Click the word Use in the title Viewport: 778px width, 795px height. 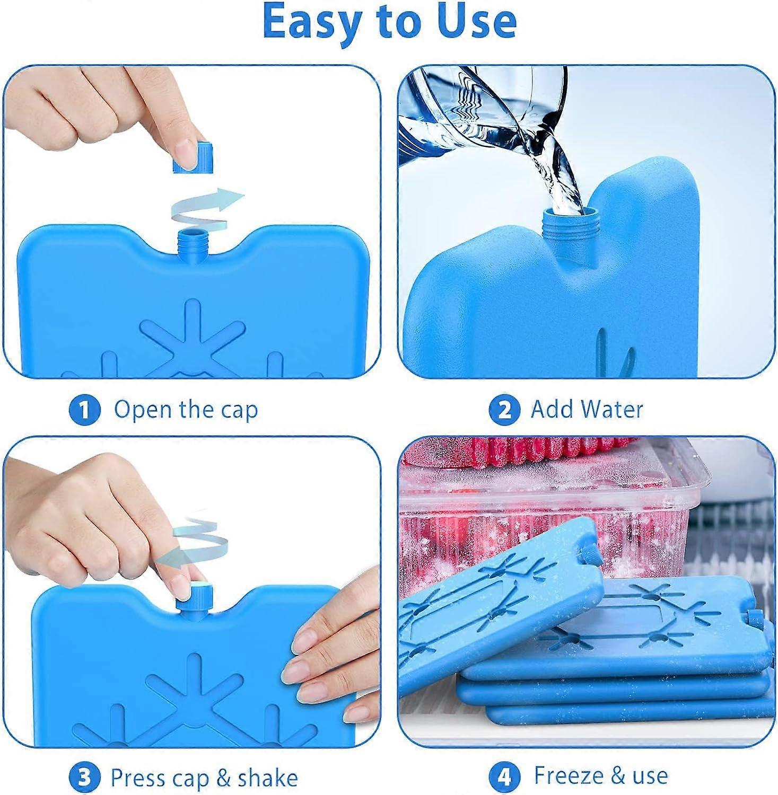pyautogui.click(x=475, y=21)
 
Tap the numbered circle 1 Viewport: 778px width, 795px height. pyautogui.click(x=84, y=410)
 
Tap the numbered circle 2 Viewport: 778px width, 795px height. pyautogui.click(x=504, y=410)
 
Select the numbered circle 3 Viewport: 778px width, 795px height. pyautogui.click(x=84, y=778)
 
